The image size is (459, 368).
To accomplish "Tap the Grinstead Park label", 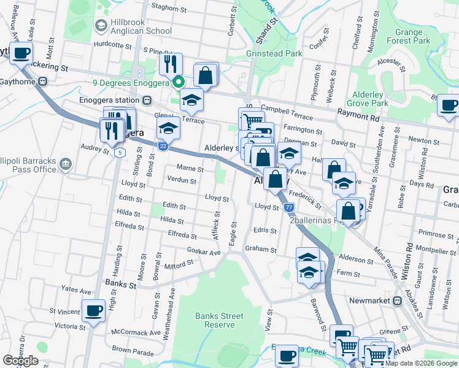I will [x=274, y=53].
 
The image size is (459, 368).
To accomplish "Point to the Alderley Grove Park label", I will [x=371, y=99].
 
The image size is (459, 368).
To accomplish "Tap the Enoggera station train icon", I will [x=147, y=100].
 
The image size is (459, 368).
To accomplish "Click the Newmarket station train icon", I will [x=397, y=301].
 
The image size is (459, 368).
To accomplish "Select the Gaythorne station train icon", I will [x=42, y=81].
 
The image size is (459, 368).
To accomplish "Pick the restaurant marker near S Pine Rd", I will [x=171, y=63].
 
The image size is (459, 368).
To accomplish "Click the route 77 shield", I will [x=289, y=208].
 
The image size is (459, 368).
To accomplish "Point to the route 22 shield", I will [x=163, y=146].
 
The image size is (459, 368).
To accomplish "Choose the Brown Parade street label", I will [x=133, y=352].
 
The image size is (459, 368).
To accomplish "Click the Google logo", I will [x=20, y=361].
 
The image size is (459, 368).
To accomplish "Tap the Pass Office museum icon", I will [x=66, y=164].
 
